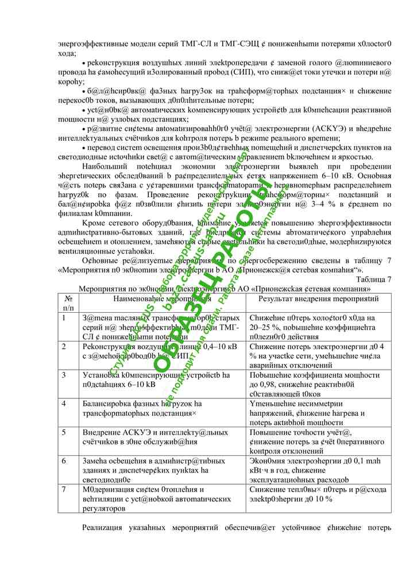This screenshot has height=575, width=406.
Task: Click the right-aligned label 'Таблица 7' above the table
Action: pyautogui.click(x=374, y=279)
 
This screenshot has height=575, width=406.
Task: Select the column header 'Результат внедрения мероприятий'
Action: pyautogui.click(x=318, y=299)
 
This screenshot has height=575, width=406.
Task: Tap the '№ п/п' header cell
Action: pyautogui.click(x=69, y=303)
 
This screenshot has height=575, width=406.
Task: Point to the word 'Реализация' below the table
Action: pyautogui.click(x=103, y=527)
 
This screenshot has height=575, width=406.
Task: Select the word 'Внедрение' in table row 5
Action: pyautogui.click(x=101, y=432)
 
